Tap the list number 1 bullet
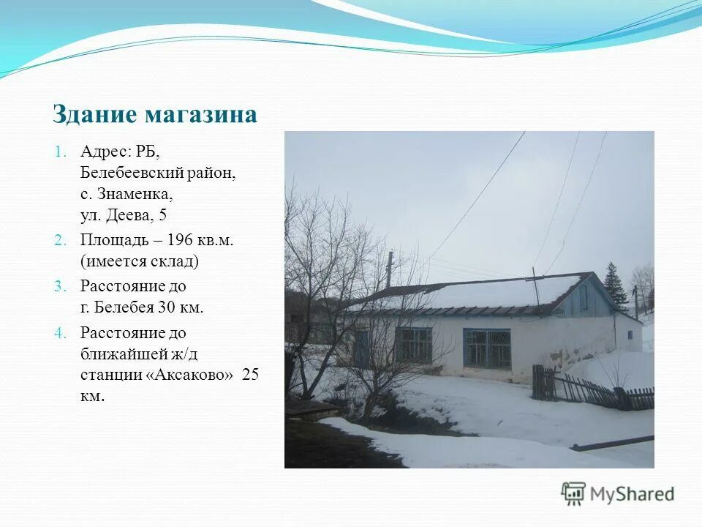click(61, 152)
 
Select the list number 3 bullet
click(61, 286)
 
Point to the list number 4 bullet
click(61, 333)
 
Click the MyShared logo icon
click(573, 494)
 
